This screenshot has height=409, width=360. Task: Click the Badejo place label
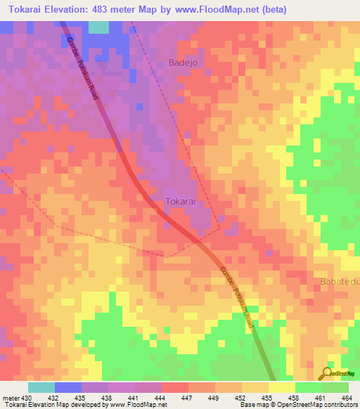185,63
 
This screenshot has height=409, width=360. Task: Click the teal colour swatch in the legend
41,387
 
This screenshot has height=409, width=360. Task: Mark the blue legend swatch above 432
67,387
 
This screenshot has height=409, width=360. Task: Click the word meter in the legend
8,399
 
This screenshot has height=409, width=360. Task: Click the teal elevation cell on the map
98,27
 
